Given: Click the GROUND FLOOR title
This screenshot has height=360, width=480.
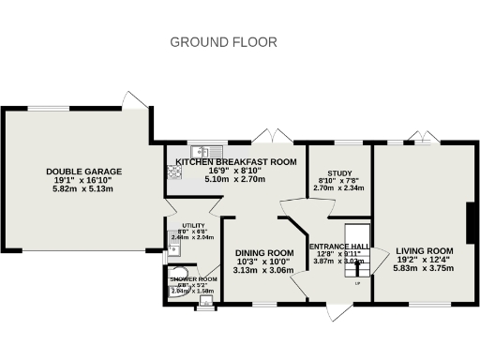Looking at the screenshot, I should (223, 42).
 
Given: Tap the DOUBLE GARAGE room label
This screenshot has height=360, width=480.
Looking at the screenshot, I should (84, 171).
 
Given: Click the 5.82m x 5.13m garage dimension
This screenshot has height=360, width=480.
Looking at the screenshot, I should (83, 188).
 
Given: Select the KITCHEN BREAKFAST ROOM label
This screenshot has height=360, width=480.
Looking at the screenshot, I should (236, 161).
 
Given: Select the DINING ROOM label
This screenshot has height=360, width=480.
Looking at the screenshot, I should (263, 253).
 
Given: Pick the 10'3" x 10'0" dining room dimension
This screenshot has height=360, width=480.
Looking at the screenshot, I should (263, 262).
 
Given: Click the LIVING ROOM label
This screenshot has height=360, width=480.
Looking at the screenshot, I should (424, 251).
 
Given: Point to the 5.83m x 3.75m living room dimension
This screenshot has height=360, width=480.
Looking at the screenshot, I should (424, 269).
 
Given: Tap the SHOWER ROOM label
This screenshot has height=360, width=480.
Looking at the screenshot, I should (193, 279).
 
